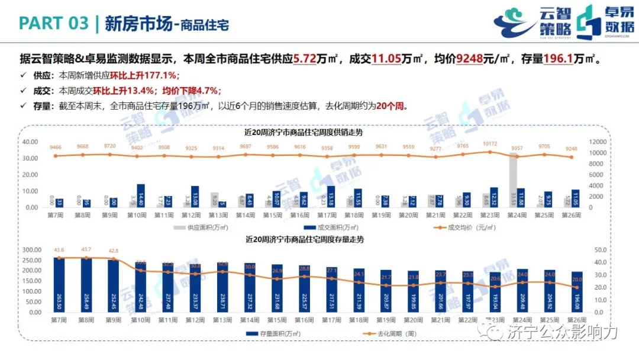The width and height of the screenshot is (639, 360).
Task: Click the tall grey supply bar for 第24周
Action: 514,180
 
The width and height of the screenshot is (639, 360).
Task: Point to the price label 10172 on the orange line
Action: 489,143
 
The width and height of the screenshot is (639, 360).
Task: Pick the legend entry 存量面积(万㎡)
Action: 277,334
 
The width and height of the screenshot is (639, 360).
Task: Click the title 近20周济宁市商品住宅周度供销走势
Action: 304,132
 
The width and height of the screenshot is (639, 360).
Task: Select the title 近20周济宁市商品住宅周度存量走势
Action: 304,239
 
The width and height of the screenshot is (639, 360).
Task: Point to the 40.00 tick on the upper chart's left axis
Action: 30,142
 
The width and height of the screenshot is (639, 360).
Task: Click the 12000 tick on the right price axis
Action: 598,142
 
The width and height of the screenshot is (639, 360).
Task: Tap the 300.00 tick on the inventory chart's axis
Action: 28,249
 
